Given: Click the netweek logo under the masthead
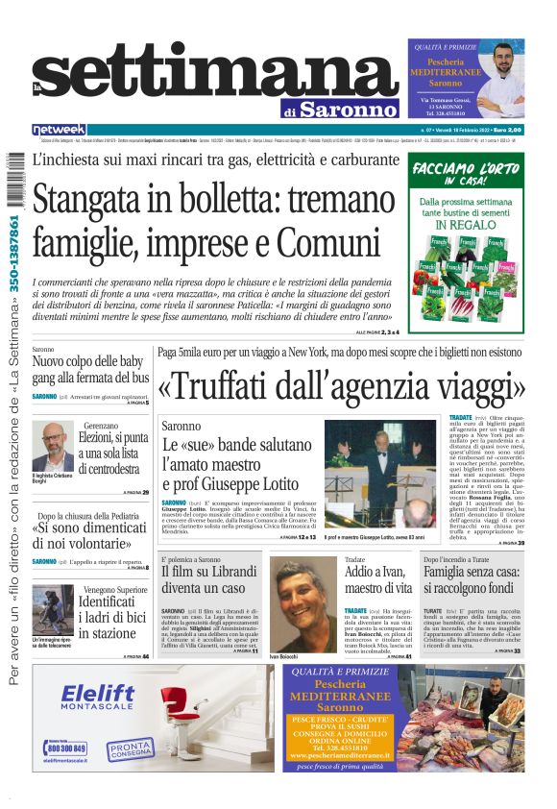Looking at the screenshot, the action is pos(59,130).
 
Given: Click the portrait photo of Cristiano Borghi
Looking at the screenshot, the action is pos(52,446).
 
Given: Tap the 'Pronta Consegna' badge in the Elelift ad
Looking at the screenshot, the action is pos(129,748).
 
